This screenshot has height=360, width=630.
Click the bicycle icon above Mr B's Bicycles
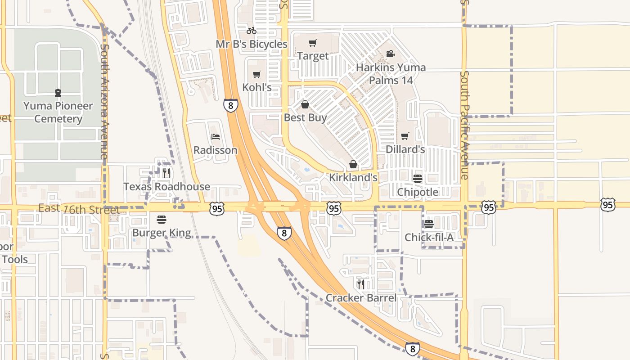[252, 31]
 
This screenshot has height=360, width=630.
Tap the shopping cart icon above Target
[313, 43]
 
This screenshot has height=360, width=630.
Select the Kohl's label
[257, 87]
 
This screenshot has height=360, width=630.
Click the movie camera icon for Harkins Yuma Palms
[390, 54]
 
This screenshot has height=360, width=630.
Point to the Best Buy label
[305, 118]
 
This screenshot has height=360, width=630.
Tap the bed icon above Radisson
[216, 137]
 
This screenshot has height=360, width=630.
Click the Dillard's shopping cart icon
[405, 136]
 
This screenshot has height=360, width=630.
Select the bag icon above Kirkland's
[353, 164]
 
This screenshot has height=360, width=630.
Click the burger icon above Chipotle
[418, 179]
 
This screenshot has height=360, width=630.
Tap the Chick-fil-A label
[429, 237]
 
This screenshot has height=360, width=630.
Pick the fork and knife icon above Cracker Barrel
[361, 284]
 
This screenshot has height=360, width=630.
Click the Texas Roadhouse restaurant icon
[166, 173]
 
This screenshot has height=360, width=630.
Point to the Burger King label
[162, 233]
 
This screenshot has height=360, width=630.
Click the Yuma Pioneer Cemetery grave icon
[58, 93]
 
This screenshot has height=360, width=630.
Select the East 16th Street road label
[79, 209]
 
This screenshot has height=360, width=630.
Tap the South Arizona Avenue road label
[104, 101]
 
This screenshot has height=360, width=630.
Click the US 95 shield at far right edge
[607, 205]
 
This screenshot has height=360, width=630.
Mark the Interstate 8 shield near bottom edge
[412, 349]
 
